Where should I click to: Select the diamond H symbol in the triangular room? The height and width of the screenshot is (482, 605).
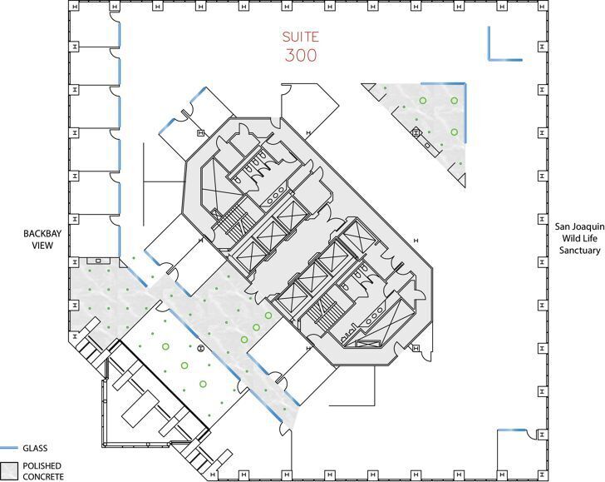(x=416, y=132)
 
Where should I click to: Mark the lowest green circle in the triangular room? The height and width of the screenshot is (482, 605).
(x=454, y=132)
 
